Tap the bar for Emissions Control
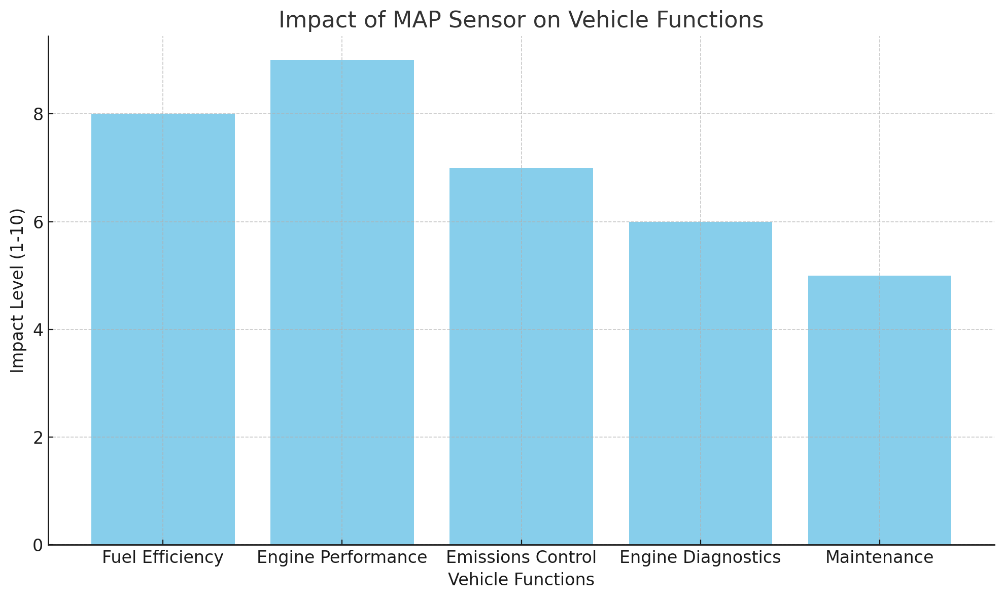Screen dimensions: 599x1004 521,356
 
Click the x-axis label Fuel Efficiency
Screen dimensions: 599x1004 163,558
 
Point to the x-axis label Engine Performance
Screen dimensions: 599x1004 342,558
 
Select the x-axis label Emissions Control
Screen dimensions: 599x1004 521,558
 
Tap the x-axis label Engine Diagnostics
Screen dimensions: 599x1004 700,558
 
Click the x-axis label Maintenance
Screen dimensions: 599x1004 879,558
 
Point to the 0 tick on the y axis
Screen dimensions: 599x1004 39,545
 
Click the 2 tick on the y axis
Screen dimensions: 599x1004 39,438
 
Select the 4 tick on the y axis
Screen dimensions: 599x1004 39,330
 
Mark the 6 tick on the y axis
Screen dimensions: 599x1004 39,222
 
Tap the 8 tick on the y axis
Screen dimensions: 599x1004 39,114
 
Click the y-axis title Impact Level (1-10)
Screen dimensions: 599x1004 17,290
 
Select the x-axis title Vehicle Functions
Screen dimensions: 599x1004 521,580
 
